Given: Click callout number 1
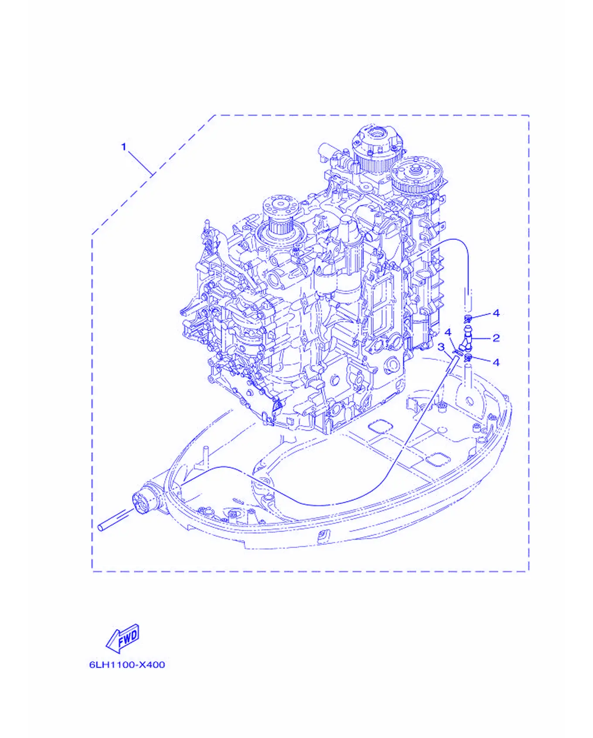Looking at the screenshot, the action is click(x=123, y=147).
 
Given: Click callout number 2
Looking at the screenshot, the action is click(x=496, y=338).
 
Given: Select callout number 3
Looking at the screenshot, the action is click(x=441, y=347).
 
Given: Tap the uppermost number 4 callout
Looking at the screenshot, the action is click(x=496, y=313).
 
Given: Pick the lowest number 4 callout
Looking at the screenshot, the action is click(x=496, y=362).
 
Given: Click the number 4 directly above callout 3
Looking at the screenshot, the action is click(x=448, y=333).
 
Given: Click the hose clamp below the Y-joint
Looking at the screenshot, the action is click(x=468, y=358).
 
